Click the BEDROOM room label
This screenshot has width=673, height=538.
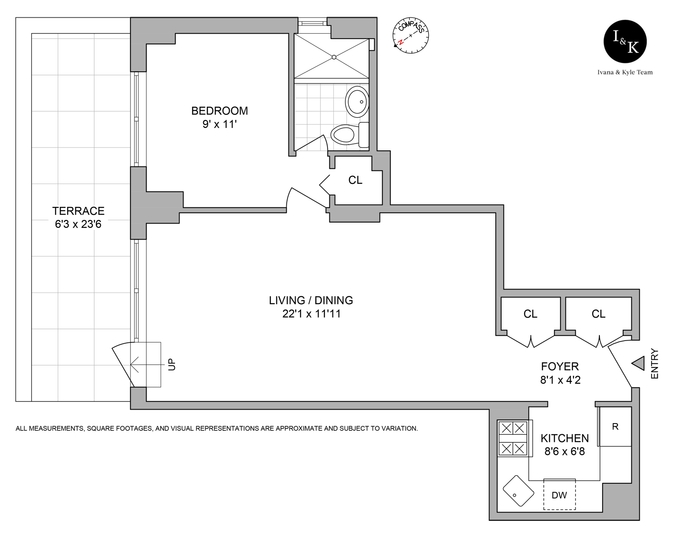coord(219,111)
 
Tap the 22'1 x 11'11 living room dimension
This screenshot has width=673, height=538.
coord(311,314)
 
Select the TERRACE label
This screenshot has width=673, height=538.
coord(78,211)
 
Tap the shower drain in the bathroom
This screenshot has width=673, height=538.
coord(334,57)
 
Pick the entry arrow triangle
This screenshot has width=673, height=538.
coord(638,363)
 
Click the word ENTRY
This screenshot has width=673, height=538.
coord(655,364)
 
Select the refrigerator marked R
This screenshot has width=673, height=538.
coord(615,427)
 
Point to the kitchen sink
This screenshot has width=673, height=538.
coord(518,491)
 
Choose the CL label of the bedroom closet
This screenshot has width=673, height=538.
coord(355,180)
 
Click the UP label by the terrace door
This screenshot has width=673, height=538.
coord(172,364)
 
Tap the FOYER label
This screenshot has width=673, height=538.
coord(560,367)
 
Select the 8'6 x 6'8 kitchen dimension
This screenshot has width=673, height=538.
coord(564,452)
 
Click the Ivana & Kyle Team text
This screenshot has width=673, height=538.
coord(625,72)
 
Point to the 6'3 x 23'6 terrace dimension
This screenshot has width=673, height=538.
coord(78,224)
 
